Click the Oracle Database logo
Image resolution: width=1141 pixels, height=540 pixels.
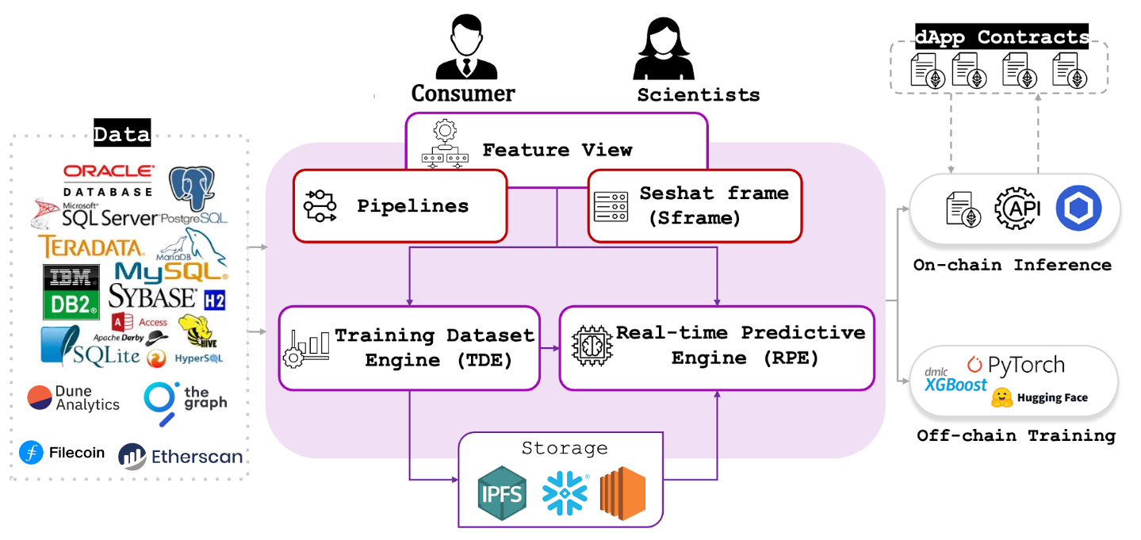coord(108,180)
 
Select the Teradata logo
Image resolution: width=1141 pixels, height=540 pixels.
coord(91,247)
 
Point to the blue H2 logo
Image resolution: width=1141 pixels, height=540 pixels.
coord(214,301)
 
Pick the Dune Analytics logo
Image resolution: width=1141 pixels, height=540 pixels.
coord(73,398)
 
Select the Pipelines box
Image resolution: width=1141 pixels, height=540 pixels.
coord(400,206)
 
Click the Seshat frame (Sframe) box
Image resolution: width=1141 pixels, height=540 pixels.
coord(694,206)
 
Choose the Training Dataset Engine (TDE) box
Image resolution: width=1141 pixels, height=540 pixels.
coord(409,348)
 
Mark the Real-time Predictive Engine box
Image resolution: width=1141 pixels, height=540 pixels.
coord(718,346)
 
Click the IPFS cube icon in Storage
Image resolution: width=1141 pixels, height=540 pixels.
coord(501,492)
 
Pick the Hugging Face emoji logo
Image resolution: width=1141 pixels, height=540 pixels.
coord(1002,398)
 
